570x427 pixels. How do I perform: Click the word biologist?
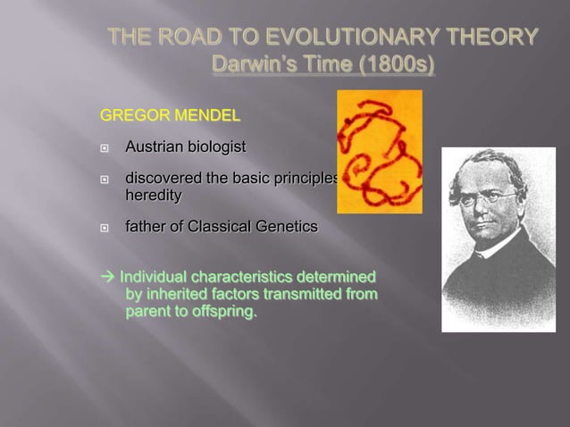(x=215, y=146)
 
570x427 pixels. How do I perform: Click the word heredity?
(x=153, y=195)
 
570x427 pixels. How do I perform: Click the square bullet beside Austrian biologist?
(x=105, y=147)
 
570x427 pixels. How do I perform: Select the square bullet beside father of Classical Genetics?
(x=105, y=228)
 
